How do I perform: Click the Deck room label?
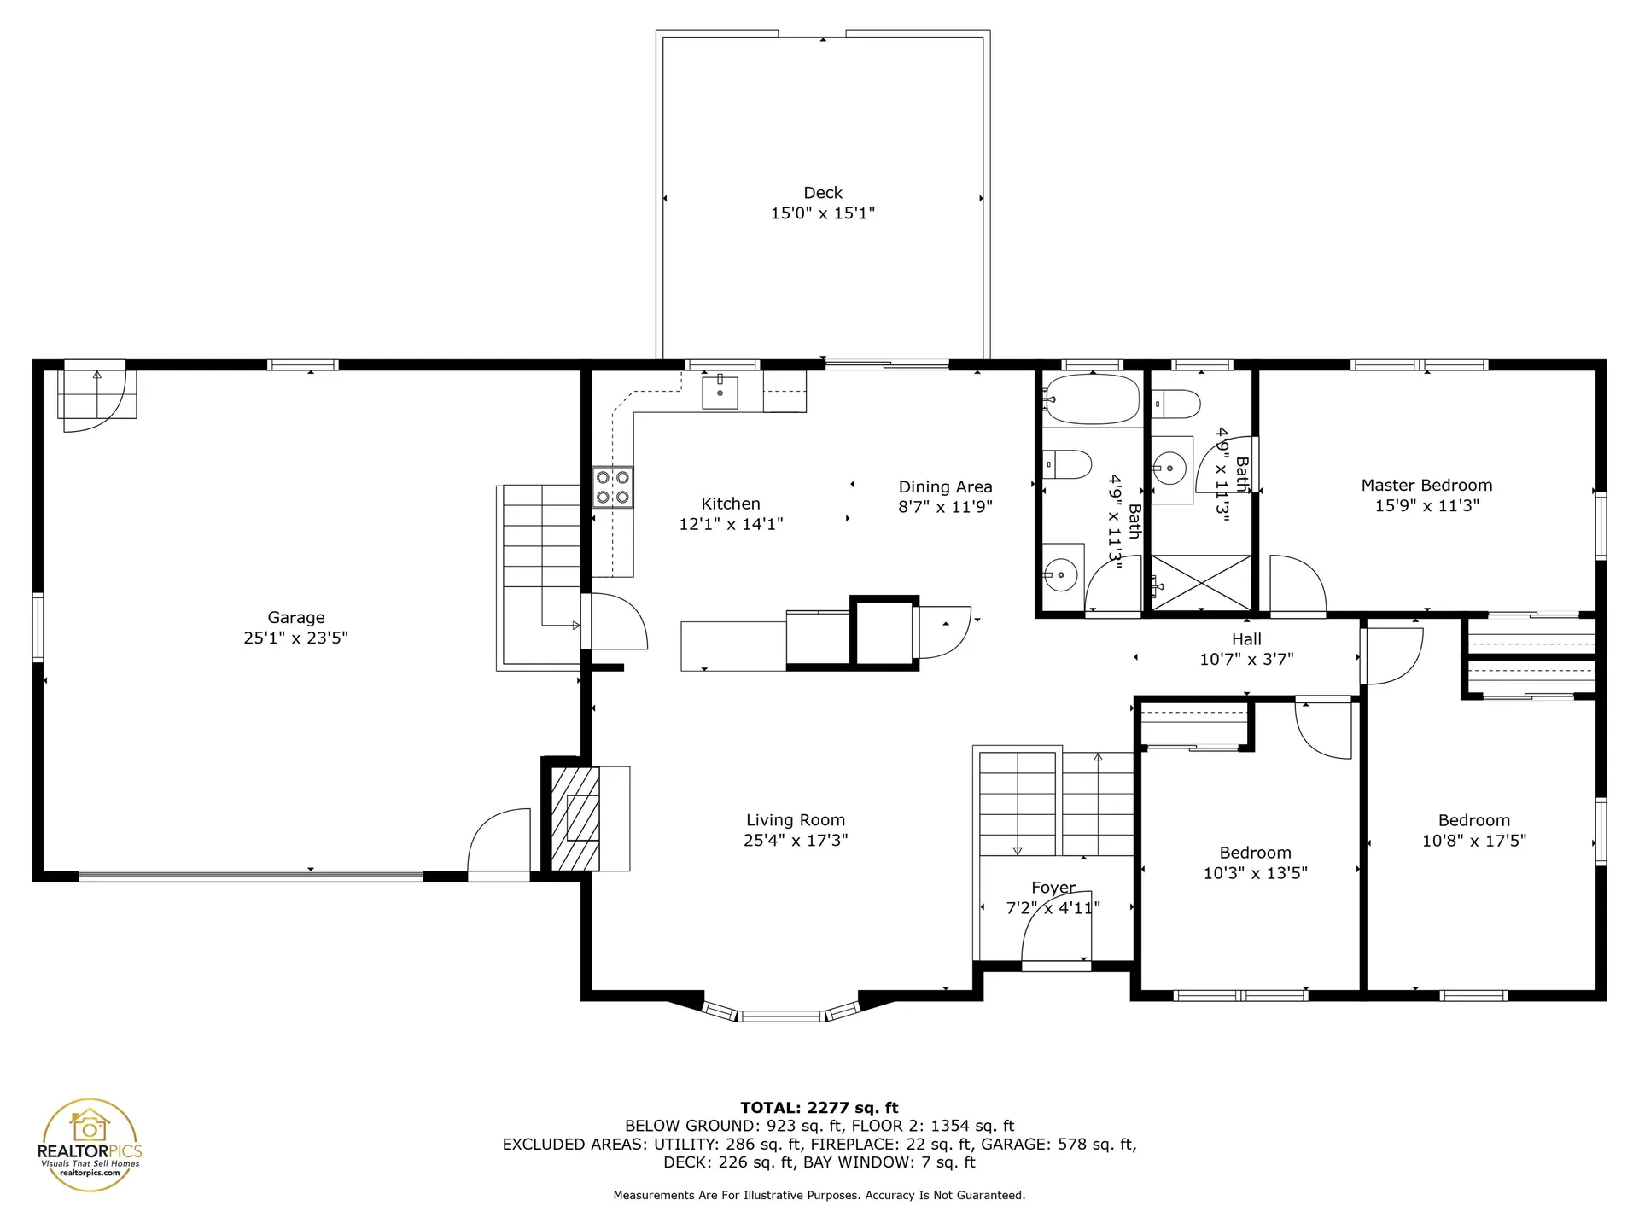[x=822, y=193]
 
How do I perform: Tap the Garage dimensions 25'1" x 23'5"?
[x=295, y=638]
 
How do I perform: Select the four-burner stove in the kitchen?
[x=613, y=487]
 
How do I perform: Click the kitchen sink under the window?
[x=720, y=393]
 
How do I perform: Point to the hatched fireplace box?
[x=575, y=818]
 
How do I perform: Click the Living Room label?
[x=795, y=820]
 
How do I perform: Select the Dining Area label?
[x=945, y=486]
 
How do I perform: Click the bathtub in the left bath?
[x=1093, y=399]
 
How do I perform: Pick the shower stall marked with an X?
[x=1201, y=583]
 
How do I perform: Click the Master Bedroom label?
[x=1426, y=485]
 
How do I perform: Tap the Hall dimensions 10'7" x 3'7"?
[x=1246, y=659]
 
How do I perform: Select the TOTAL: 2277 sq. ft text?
[x=819, y=1108]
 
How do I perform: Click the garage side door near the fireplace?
[x=499, y=843]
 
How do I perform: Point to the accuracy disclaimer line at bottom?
[x=819, y=1196]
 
